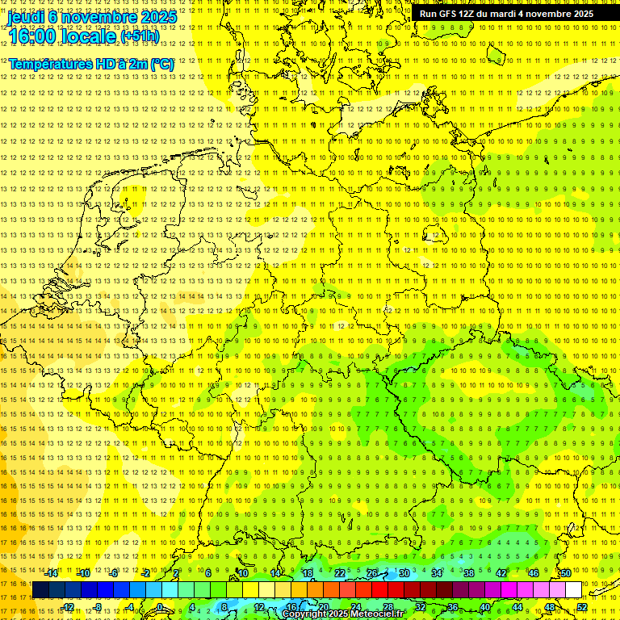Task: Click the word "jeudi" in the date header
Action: coord(26,16)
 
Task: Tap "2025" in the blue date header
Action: coord(158,16)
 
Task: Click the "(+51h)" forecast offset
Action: coord(139,36)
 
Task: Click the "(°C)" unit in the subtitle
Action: coord(161,64)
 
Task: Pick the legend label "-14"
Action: coord(52,573)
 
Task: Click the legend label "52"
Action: coord(582,607)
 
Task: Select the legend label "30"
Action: coord(404,573)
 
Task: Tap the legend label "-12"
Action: coord(68,607)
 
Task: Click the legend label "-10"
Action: coord(84,573)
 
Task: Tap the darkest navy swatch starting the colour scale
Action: coord(40,590)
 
